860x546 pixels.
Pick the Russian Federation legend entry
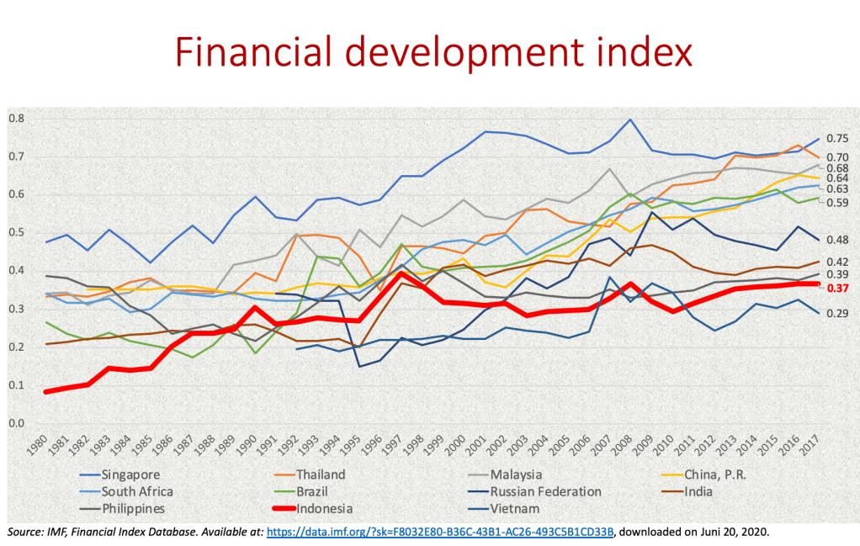point(547,491)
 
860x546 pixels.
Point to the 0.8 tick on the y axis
point(16,119)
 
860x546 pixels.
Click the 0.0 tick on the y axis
point(16,423)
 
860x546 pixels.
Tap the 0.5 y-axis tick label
point(16,233)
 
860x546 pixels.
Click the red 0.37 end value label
point(836,289)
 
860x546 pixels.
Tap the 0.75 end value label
point(836,139)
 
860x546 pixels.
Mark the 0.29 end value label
point(836,314)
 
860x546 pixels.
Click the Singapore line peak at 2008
point(629,119)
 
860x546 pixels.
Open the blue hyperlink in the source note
point(441,533)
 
